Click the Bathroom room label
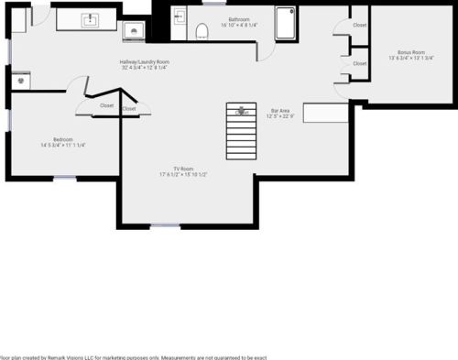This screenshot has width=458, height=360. tap(239, 18)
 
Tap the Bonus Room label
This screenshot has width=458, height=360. tap(410, 52)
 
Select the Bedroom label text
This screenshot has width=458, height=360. tap(62, 139)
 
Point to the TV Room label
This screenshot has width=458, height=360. tap(185, 169)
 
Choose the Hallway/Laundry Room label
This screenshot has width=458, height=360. tap(144, 62)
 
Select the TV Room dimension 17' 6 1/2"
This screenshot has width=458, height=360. tap(172, 174)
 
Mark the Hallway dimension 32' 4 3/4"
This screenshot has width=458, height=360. tap(132, 68)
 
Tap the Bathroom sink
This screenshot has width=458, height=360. tap(180, 16)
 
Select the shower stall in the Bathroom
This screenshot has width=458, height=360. tap(285, 25)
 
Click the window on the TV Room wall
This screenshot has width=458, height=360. tap(165, 225)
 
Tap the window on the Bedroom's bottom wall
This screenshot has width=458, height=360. tap(64, 178)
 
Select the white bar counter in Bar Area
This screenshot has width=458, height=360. tap(326, 113)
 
